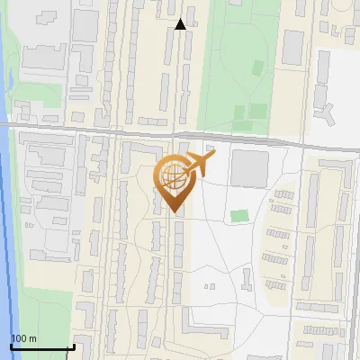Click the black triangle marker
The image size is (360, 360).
pos(181,24)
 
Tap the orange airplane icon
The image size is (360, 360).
pos(201,164)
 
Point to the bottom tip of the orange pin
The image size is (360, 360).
pos(173,212)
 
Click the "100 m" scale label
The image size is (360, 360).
pos(23,338)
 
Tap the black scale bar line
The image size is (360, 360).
pos(41,346)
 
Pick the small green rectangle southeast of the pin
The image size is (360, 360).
pos(238,216)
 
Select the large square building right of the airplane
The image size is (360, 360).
pos(249,168)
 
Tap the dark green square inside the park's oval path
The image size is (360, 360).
pos(258,67)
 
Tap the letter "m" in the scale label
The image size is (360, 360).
pos(32,338)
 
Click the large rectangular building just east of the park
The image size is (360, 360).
pos(293,47)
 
